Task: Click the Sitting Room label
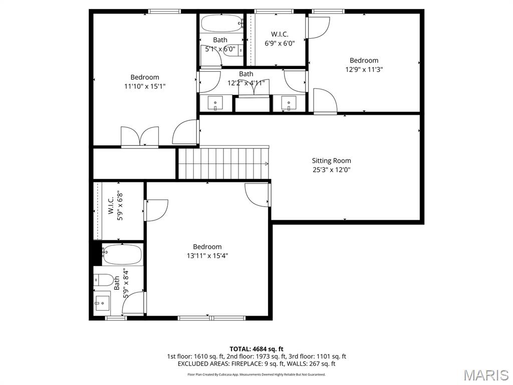(x=331, y=161)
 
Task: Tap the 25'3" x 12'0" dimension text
(x=331, y=170)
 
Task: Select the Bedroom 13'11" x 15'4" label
(x=207, y=247)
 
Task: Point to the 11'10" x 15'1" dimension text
(x=145, y=86)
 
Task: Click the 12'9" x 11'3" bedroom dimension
(x=364, y=70)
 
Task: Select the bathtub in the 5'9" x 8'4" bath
(x=122, y=255)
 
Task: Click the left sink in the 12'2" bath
(x=216, y=103)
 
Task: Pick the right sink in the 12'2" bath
(x=289, y=103)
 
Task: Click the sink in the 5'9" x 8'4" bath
(x=102, y=302)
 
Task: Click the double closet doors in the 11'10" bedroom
(x=140, y=137)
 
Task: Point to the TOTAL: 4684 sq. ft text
(x=256, y=349)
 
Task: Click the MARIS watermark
(x=485, y=375)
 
